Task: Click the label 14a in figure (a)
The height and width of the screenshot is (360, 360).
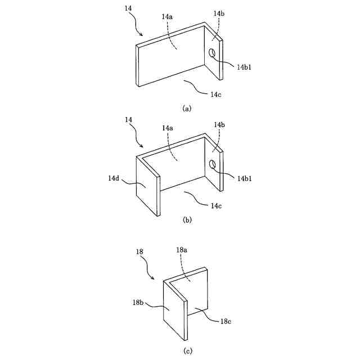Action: coord(167,17)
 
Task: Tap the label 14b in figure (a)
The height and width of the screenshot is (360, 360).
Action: coord(219,13)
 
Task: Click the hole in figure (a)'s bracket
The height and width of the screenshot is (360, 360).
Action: coord(213,53)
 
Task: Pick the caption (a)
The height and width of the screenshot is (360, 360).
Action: coord(187,108)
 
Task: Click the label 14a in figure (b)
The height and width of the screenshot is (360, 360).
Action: coord(167,128)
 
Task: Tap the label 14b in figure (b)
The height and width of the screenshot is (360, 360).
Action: coord(219,124)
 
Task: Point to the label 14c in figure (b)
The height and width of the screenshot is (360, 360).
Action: coord(215,206)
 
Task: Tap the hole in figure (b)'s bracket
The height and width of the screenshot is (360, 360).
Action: coord(213,164)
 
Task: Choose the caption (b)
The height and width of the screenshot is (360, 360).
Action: coord(187,220)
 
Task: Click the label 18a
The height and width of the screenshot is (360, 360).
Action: coord(182,248)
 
